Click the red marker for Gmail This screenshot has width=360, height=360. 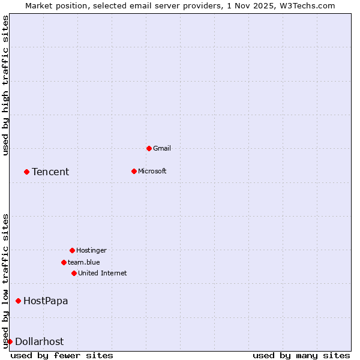tap(149, 148)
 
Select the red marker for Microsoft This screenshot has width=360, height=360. tap(134, 171)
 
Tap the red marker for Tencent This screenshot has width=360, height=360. tap(26, 172)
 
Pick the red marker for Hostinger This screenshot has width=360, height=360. tap(72, 250)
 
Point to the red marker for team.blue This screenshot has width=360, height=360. tap(64, 262)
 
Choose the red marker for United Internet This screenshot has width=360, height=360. tap(74, 273)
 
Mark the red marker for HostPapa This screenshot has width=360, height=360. tap(18, 301)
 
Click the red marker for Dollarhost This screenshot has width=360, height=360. tap(10, 341)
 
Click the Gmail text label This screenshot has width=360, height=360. tap(162, 148)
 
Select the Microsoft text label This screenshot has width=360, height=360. tap(152, 171)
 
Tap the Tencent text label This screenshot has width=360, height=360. tap(50, 172)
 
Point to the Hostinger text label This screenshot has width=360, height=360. tap(91, 250)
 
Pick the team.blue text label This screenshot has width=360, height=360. tap(84, 262)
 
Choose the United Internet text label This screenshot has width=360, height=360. tap(103, 273)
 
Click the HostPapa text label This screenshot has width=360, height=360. tap(46, 301)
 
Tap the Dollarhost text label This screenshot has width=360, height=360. tap(39, 342)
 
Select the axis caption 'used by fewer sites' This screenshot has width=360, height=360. tap(62, 355)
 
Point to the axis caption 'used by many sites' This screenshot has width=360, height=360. tap(301, 355)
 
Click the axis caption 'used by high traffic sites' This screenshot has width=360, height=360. tap(6, 85)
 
